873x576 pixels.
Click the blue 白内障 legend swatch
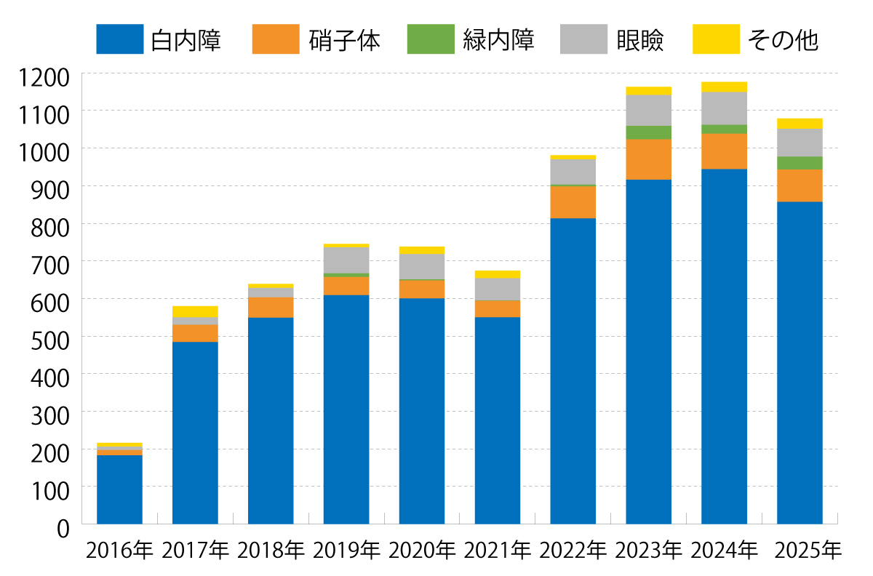(120, 39)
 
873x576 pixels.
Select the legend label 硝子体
(345, 39)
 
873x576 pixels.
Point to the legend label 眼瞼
(639, 39)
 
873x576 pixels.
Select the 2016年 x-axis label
(119, 551)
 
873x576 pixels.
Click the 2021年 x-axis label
(498, 551)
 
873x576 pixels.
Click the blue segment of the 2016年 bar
(119, 489)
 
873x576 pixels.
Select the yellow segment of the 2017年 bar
(195, 311)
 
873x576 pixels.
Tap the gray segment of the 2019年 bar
(346, 260)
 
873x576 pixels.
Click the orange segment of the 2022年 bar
(573, 202)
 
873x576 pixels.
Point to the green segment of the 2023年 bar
(649, 132)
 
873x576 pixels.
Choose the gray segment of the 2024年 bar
(725, 108)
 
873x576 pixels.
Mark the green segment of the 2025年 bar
(800, 163)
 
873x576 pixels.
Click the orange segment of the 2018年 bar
(271, 307)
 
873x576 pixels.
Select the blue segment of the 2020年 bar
(422, 411)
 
